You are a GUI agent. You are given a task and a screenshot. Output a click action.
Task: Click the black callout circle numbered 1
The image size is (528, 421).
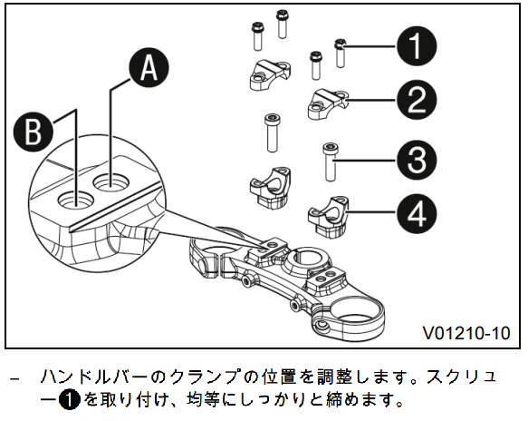coord(417,46)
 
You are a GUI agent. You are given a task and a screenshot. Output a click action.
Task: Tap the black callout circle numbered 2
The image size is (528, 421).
coord(417,100)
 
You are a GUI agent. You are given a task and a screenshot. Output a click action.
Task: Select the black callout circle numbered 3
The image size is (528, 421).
coord(417,160)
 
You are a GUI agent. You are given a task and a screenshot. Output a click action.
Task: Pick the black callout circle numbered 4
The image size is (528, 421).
coord(417,213)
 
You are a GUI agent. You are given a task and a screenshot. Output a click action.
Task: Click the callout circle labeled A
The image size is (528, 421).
coord(149,68)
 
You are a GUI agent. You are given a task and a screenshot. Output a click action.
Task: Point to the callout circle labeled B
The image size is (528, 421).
coord(34,132)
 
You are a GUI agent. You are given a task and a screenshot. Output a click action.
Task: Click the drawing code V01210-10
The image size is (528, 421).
coord(466,333)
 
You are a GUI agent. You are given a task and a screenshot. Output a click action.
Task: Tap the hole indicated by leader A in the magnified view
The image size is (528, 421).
coord(111,184)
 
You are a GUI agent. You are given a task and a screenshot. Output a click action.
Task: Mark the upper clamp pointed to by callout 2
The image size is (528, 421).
coord(328,103)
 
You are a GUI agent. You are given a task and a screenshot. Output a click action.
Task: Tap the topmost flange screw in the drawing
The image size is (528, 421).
coord(282,24)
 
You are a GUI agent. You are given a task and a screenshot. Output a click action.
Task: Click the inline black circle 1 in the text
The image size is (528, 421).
coord(70,400)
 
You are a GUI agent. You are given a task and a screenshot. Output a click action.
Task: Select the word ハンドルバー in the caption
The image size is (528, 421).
coord(93,377)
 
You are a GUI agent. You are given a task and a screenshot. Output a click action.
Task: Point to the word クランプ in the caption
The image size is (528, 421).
coord(206,377)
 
